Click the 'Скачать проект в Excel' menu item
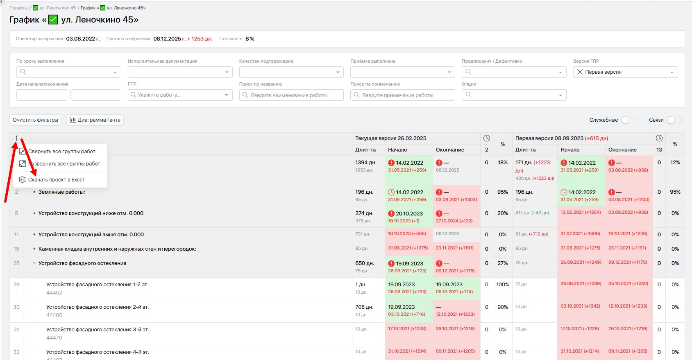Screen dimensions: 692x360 point(56,180)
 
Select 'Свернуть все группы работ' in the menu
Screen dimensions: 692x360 point(61,152)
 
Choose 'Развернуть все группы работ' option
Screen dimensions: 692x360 point(64,164)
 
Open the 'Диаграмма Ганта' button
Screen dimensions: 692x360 point(95,120)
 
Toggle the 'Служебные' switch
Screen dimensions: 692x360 point(628,120)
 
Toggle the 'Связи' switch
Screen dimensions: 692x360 point(674,120)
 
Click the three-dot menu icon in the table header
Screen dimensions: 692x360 point(16,138)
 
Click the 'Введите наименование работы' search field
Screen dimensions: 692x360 point(291,95)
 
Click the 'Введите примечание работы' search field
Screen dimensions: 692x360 point(402,95)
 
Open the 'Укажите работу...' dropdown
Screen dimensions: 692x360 point(180,95)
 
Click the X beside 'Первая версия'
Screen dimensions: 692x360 point(580,72)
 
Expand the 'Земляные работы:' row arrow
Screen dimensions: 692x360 point(34,192)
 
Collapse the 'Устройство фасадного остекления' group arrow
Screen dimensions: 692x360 point(34,263)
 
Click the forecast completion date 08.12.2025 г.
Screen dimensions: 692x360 point(169,39)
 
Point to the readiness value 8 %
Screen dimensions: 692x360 point(250,39)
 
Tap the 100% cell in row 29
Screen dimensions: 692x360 point(503,285)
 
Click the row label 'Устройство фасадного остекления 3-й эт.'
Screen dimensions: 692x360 point(98,330)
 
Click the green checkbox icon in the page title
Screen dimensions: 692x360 point(53,20)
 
